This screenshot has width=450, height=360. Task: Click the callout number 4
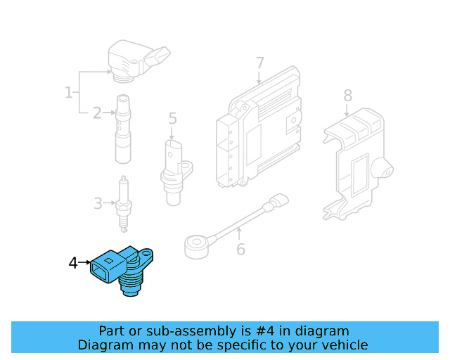[73, 263]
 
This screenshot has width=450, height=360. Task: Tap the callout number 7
[259, 63]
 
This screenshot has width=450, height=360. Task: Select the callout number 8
[348, 96]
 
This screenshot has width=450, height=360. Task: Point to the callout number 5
[172, 118]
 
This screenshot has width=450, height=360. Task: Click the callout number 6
[240, 249]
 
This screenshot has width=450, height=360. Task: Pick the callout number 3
[98, 203]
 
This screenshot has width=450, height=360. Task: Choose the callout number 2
[97, 113]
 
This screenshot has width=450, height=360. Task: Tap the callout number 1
[69, 92]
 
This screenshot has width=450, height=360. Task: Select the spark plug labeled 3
[124, 204]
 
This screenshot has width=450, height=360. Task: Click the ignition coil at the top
[138, 61]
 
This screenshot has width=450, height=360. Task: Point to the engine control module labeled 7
[258, 128]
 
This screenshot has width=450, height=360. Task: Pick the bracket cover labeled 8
[357, 164]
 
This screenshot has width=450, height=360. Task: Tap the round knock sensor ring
[197, 247]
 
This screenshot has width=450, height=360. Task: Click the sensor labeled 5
[175, 172]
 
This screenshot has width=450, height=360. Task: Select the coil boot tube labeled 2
[123, 129]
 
